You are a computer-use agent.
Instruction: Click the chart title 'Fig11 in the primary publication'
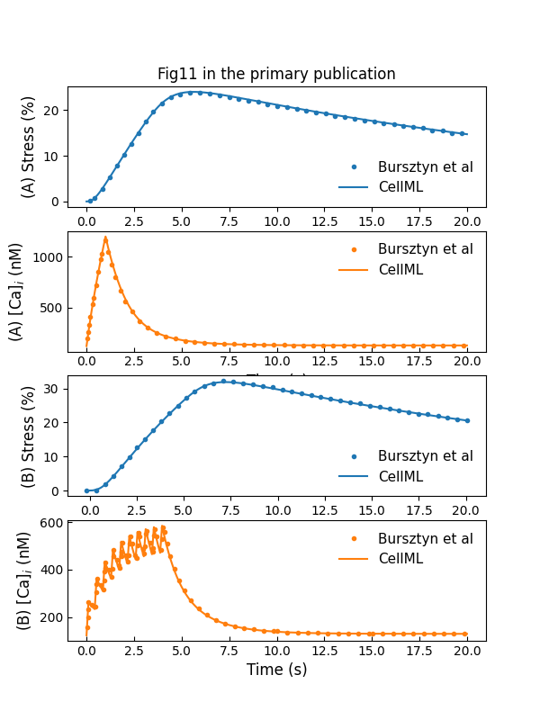(x=276, y=74)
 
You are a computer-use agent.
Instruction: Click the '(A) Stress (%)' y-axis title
(x=28, y=148)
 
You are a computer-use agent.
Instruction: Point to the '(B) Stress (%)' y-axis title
(x=28, y=436)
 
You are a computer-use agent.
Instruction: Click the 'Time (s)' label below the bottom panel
(x=276, y=670)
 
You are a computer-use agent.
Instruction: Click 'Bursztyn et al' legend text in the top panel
(x=425, y=166)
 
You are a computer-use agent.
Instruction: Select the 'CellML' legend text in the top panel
(x=400, y=187)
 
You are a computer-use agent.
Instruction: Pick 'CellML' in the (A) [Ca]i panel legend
(x=400, y=269)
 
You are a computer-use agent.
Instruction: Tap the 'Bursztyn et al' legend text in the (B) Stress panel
(x=425, y=455)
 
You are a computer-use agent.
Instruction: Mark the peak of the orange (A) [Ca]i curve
(x=105, y=238)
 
